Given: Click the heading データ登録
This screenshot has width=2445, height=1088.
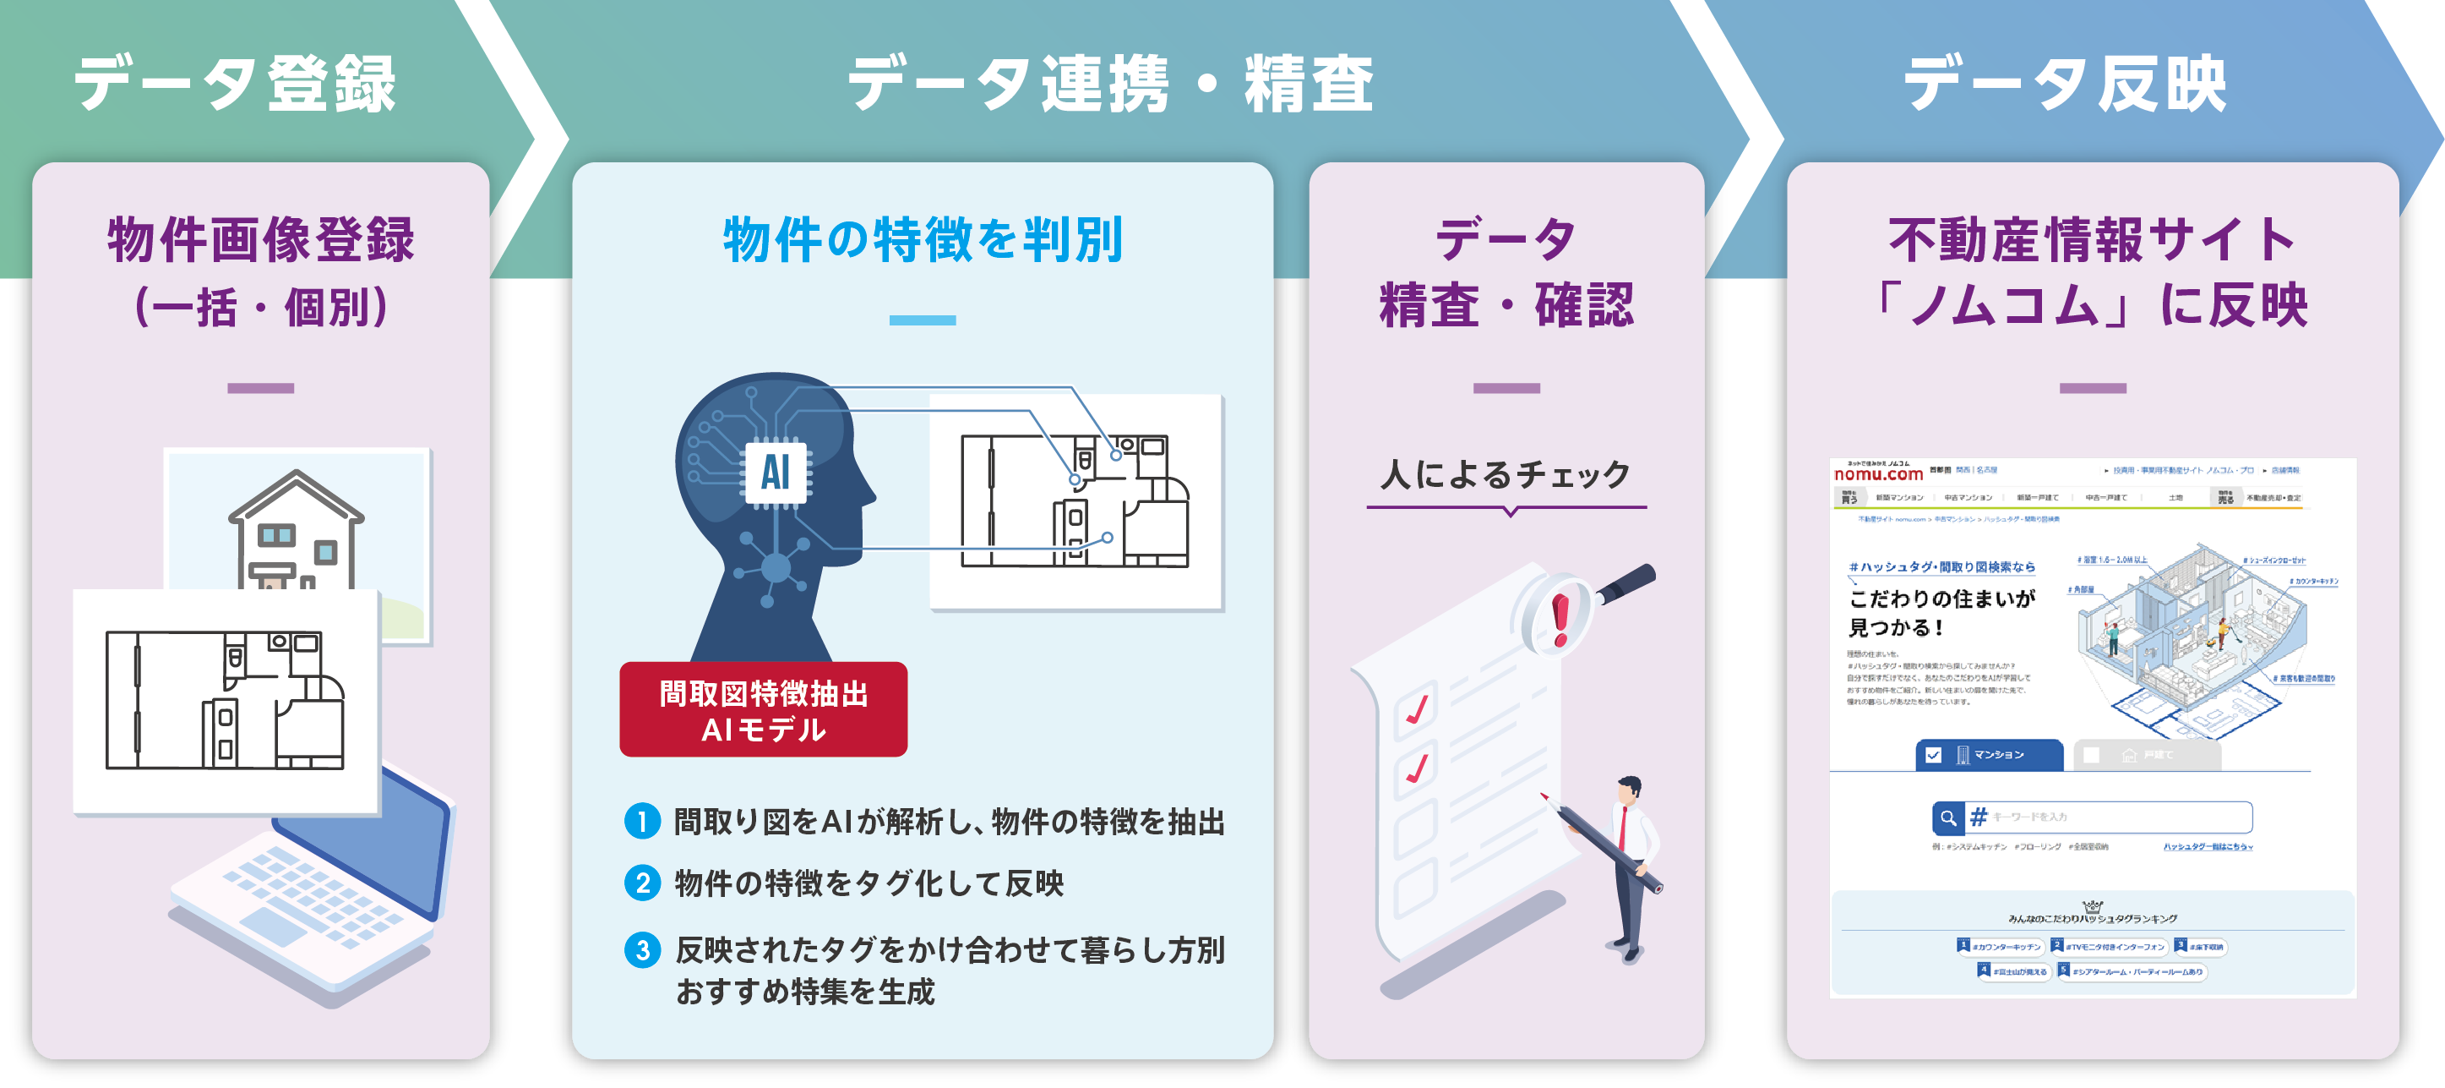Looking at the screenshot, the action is tap(236, 84).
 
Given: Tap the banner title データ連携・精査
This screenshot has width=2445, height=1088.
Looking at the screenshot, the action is tap(1110, 84).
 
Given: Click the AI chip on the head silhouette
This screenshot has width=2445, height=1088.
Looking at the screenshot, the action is tap(775, 472).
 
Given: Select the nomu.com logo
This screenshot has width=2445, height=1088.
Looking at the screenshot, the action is tap(1878, 473).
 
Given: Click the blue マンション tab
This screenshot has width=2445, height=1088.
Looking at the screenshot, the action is tap(1989, 755).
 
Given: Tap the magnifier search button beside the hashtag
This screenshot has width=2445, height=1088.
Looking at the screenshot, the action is tap(1947, 817).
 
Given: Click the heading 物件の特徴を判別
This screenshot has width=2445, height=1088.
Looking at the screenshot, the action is tap(923, 239).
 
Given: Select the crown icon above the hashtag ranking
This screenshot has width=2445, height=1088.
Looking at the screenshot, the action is tap(2092, 905).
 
